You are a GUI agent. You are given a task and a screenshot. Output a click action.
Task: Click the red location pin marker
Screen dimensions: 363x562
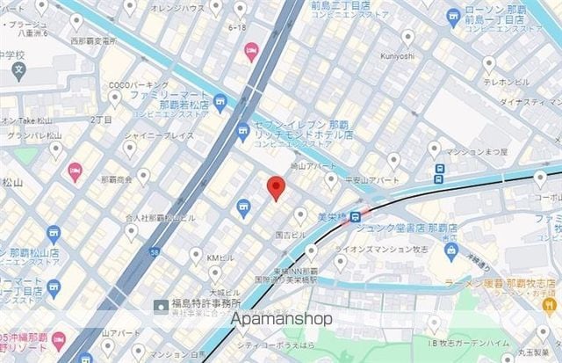275,187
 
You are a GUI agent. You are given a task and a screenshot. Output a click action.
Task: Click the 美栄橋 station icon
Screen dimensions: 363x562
355,217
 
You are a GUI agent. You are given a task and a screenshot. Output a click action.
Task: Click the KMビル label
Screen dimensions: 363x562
220,257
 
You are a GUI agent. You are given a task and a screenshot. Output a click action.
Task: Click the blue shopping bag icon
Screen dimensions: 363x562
451,250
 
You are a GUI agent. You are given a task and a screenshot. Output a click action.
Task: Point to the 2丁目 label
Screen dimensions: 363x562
101,118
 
